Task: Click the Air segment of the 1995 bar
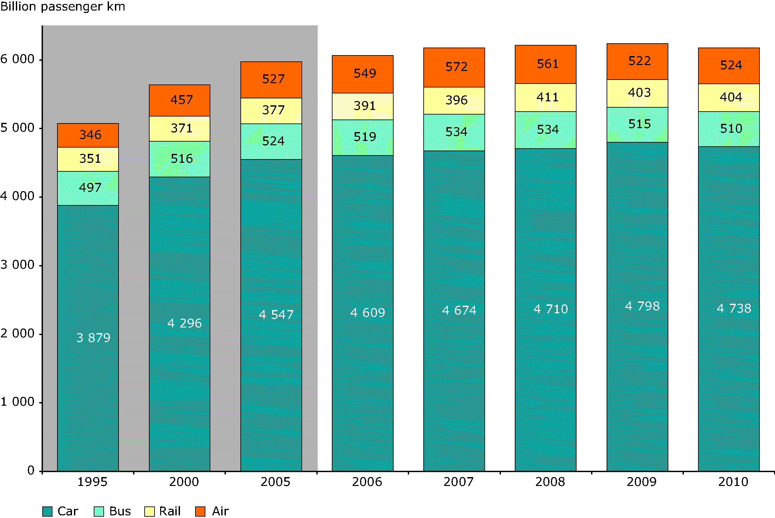(88, 135)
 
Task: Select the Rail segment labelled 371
(179, 128)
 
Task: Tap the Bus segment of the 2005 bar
(271, 141)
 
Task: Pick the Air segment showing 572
(454, 67)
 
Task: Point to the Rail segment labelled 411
(546, 97)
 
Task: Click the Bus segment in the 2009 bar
(637, 124)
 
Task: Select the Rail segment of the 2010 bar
(729, 97)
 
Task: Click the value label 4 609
(368, 313)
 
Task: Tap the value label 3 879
(93, 338)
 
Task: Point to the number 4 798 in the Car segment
(642, 306)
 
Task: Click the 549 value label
(365, 73)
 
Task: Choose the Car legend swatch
(48, 511)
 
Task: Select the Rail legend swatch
(149, 511)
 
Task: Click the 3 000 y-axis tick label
(18, 265)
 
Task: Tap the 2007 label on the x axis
(458, 482)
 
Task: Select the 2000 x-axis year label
(184, 482)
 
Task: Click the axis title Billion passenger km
(63, 7)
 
